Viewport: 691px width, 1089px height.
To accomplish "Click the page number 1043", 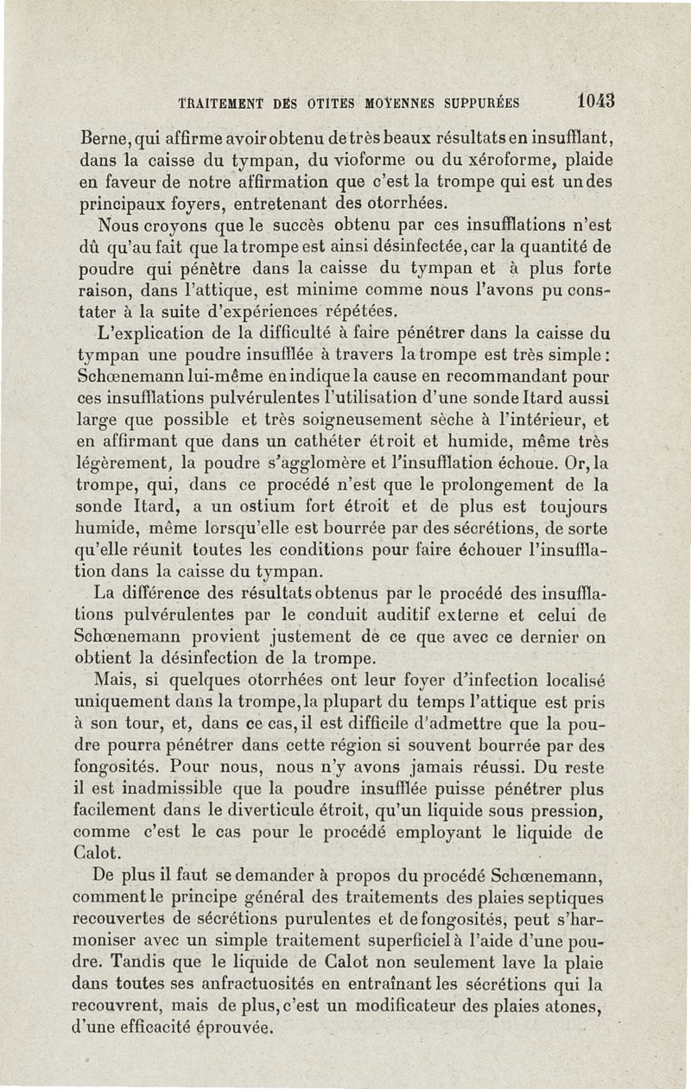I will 596,99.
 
